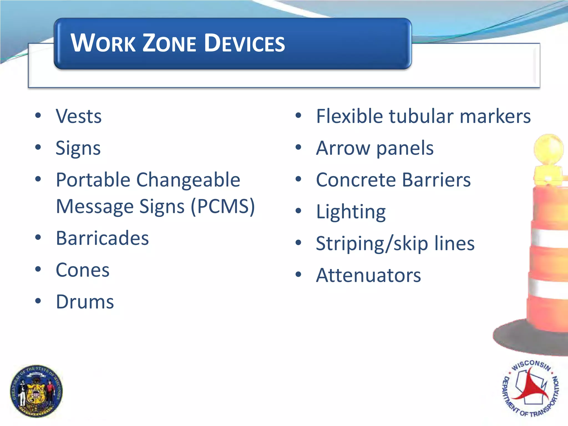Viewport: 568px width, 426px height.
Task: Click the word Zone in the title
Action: (169, 43)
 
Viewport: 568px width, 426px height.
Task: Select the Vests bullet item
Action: (79, 116)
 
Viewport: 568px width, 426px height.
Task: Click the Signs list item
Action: (78, 148)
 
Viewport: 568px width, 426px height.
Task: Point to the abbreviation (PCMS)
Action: (223, 207)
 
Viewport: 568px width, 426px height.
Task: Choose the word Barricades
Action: (102, 238)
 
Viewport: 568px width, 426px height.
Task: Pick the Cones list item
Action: (83, 270)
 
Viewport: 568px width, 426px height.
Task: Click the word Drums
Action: (85, 302)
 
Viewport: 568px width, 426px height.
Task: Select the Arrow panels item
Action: (375, 148)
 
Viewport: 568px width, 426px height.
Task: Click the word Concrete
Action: (356, 180)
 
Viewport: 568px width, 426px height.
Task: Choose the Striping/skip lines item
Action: (395, 244)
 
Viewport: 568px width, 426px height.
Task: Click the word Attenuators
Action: (369, 275)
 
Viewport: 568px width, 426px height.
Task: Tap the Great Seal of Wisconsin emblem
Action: (36, 391)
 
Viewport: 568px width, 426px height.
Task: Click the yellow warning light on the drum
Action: (549, 150)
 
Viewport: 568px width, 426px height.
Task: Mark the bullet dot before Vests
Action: (38, 115)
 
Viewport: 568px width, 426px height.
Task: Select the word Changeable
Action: (188, 180)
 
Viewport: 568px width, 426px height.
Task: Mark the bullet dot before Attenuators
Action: (298, 275)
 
